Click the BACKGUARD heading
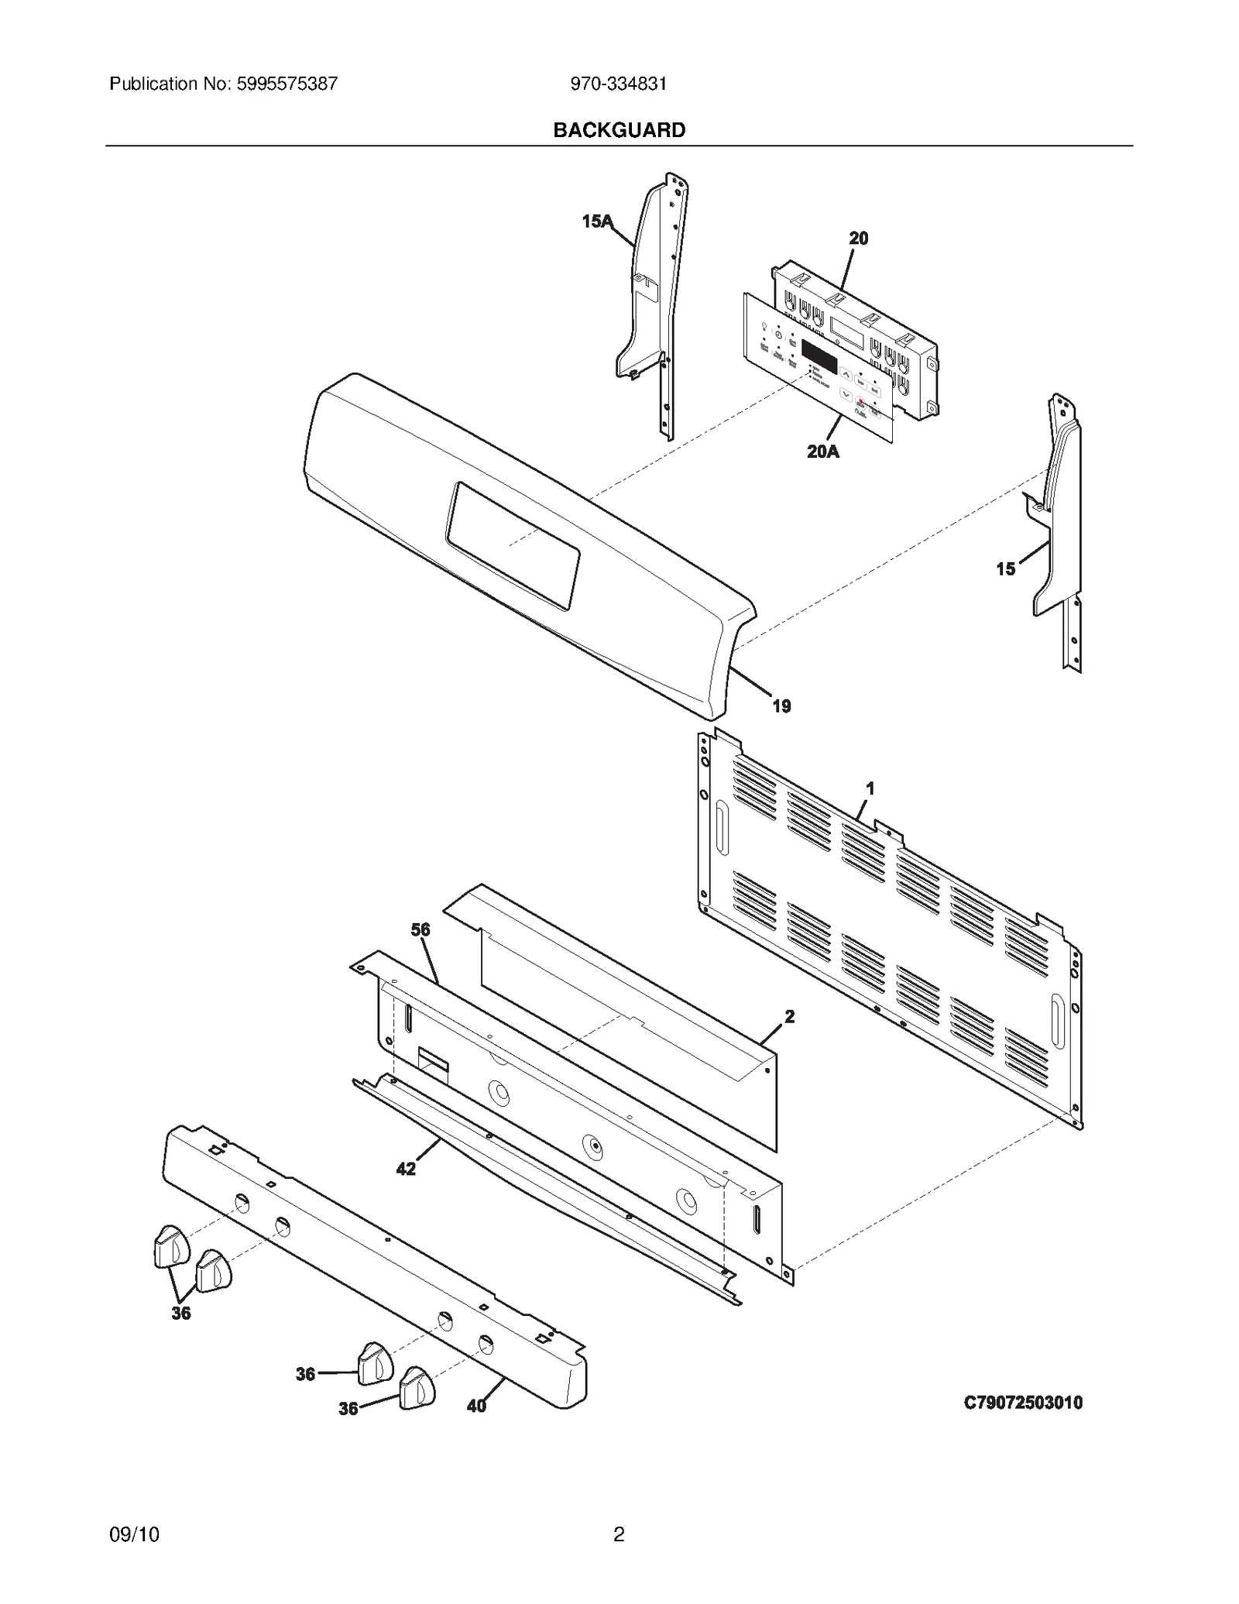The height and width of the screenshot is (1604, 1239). pos(619,130)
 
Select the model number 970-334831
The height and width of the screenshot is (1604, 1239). pos(618,84)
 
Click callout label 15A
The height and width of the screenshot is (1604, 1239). pos(596,222)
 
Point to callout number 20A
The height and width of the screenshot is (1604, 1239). pos(822,451)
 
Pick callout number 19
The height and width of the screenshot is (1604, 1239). pos(781,706)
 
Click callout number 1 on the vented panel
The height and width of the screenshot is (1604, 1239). pos(870,788)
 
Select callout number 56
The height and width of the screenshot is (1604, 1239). pos(420,929)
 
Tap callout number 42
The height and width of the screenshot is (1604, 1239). pos(406,1169)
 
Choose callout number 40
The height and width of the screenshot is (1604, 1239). pos(476,1406)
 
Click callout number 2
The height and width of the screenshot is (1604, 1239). pos(789,1017)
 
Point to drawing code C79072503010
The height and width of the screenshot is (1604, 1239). pos(1023,1402)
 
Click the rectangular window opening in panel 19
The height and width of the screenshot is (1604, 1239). pos(513,545)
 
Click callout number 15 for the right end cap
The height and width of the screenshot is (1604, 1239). pos(1005,569)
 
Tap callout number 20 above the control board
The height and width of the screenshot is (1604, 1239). pos(858,239)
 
